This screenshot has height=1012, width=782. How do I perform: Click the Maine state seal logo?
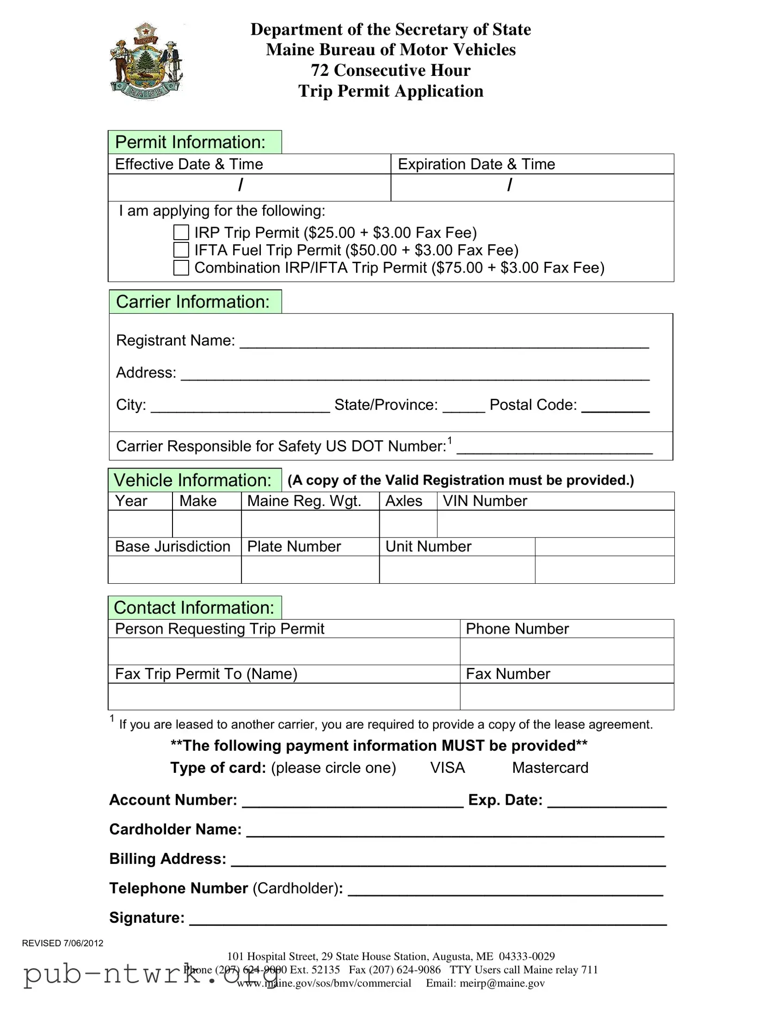point(146,61)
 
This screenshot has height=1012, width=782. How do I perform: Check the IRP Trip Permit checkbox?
point(181,232)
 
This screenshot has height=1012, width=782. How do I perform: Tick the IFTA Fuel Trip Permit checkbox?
point(181,250)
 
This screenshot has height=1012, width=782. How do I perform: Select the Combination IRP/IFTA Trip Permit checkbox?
point(181,267)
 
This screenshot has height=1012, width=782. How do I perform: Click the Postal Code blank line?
point(615,407)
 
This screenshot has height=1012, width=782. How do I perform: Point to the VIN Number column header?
point(485,501)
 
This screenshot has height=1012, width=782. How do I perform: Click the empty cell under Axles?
point(408,524)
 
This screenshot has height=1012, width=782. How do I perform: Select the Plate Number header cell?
point(294,547)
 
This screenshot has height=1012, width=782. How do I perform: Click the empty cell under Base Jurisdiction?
point(174,569)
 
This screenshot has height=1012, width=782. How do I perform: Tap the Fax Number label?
point(508,674)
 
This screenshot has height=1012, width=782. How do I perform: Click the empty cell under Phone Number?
point(566,651)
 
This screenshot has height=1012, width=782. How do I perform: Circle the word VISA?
point(447,768)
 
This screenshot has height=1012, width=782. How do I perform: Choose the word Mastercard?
point(550,768)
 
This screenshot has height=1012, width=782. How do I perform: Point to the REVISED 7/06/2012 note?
point(62,943)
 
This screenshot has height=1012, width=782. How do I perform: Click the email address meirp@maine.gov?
point(502,983)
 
